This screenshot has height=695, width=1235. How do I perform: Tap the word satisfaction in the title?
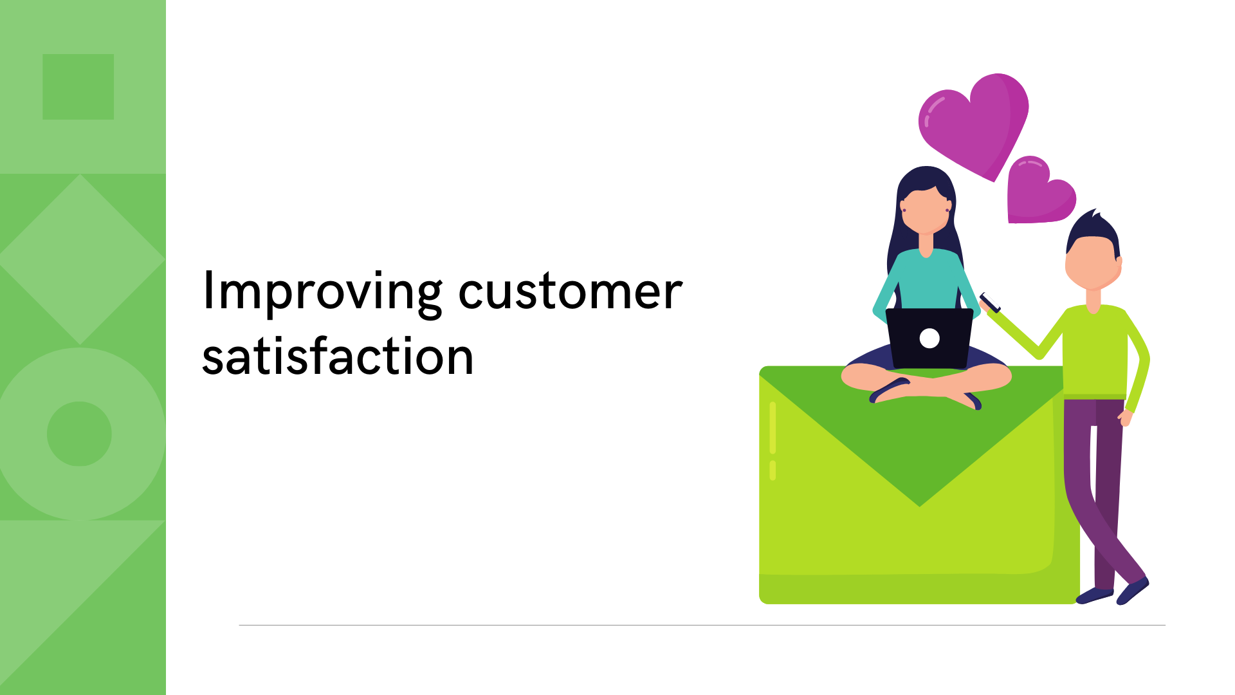click(x=338, y=357)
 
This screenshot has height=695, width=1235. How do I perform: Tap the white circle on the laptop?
click(x=929, y=338)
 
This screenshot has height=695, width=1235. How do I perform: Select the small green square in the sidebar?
click(x=78, y=87)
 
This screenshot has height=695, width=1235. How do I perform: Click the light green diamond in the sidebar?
click(x=80, y=259)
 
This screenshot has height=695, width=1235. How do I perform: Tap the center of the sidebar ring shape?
click(x=80, y=434)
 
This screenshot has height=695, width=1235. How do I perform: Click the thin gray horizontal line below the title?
click(x=701, y=625)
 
